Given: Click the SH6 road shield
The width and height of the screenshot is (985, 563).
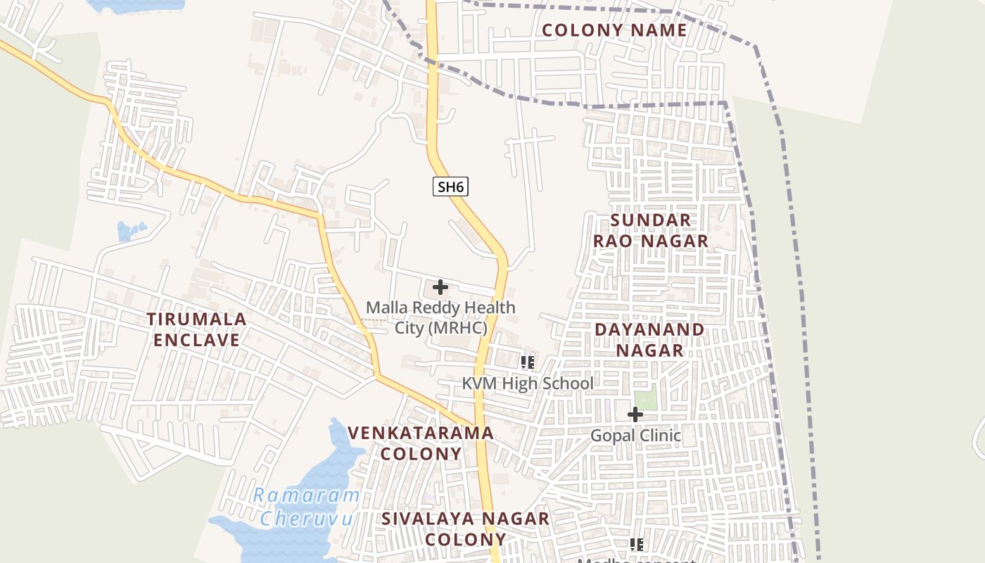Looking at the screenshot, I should coord(450,186).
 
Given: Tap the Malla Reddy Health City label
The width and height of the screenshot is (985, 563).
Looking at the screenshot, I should coord(440,317).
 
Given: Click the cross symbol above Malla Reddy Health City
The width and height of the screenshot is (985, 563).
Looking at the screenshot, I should coord(440,287).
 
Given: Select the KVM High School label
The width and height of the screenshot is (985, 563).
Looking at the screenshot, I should coord(528,384).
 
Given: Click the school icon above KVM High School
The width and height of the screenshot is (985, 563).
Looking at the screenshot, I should coord(527,362).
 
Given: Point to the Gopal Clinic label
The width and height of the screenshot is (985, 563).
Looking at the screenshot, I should coord(635,436).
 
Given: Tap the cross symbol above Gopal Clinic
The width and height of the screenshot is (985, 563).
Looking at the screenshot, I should coord(635,415).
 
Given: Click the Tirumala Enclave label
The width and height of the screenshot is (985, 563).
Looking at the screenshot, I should coord(197,329).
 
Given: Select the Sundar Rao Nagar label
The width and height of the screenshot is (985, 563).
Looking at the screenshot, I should coord(650,230).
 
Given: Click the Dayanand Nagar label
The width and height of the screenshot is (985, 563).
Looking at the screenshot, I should coord(649,339).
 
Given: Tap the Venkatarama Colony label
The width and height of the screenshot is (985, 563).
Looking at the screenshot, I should coord(421,443).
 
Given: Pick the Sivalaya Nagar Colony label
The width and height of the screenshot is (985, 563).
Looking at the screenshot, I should coord(465,529).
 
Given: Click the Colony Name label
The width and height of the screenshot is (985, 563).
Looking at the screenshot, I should coord(614,30).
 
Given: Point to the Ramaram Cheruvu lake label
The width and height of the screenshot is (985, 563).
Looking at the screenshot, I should coord(306,507).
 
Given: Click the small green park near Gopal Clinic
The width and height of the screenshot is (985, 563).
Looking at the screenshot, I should coord(645,397).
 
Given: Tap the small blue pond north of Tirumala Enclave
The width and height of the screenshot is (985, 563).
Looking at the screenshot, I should coord(130,230).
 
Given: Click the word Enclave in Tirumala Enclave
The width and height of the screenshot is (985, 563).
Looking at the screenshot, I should coord(197,340).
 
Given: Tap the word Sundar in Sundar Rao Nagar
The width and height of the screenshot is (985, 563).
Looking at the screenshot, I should coord(651,220).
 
